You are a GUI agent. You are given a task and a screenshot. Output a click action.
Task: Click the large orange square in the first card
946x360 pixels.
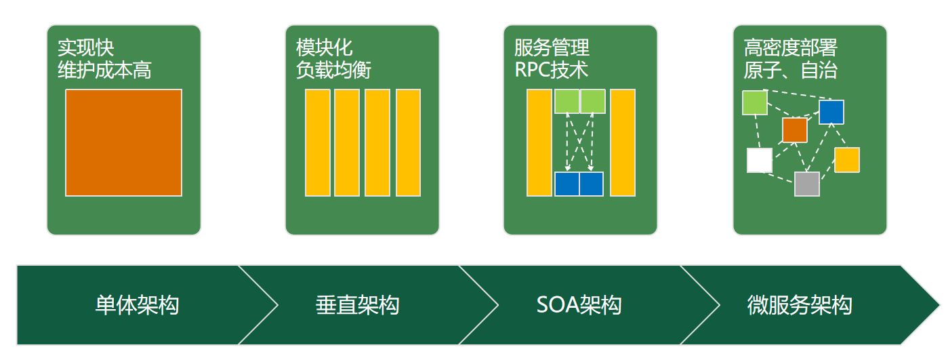click(x=123, y=142)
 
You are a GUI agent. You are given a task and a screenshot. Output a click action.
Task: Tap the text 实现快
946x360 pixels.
click(x=85, y=48)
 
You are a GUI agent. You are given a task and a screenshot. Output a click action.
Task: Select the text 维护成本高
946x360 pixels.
click(x=104, y=70)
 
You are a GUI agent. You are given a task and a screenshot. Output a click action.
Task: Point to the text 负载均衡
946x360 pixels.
click(x=333, y=70)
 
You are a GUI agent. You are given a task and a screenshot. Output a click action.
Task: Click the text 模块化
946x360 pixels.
click(x=324, y=48)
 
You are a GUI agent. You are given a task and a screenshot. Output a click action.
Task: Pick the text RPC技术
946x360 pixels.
click(x=551, y=70)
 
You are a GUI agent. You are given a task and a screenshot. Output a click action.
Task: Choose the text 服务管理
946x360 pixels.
click(x=552, y=48)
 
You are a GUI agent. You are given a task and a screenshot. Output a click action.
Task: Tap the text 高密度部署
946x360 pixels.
click(x=790, y=48)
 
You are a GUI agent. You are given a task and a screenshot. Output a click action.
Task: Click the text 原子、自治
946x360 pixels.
click(x=790, y=70)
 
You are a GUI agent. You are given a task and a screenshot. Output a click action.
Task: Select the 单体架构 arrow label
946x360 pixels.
click(x=137, y=305)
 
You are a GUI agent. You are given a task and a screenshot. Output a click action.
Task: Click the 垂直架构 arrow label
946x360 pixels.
click(x=357, y=305)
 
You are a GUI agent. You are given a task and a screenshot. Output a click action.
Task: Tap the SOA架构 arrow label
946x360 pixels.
click(x=579, y=305)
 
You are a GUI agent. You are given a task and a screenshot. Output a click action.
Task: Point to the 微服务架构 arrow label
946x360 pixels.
click(x=800, y=305)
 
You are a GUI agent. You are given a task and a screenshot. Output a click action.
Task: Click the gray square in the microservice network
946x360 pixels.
click(x=806, y=184)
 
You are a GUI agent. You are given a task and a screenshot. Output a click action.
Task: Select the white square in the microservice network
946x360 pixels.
click(x=759, y=160)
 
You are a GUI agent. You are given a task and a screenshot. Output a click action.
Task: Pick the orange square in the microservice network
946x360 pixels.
click(x=794, y=130)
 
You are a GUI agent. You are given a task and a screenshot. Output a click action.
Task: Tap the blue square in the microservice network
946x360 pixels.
click(x=831, y=112)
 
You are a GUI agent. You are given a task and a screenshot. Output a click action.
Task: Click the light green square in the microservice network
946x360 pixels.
click(x=755, y=102)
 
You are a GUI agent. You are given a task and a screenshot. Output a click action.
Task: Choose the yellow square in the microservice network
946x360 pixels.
click(x=846, y=160)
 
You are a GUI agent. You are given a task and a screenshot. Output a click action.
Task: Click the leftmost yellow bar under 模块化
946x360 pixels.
click(x=317, y=142)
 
